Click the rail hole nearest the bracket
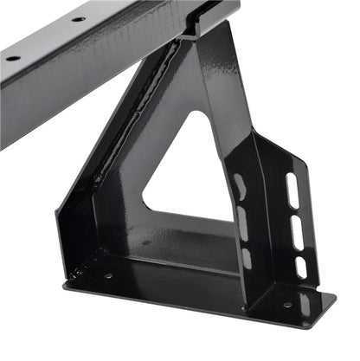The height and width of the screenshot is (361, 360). tap(78, 18)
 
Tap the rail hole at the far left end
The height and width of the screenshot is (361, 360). tap(13, 58)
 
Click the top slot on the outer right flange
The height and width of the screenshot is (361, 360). tap(292, 190)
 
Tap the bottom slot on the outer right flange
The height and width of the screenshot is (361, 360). tap(300, 265)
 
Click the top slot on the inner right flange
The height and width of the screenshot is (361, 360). tap(238, 184)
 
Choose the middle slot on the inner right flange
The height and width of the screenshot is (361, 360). tap(242, 223)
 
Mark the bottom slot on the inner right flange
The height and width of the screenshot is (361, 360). tap(246, 257)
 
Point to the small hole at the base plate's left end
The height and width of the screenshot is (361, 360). tap(108, 276)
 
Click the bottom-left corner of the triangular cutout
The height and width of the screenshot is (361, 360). tap(144, 208)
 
